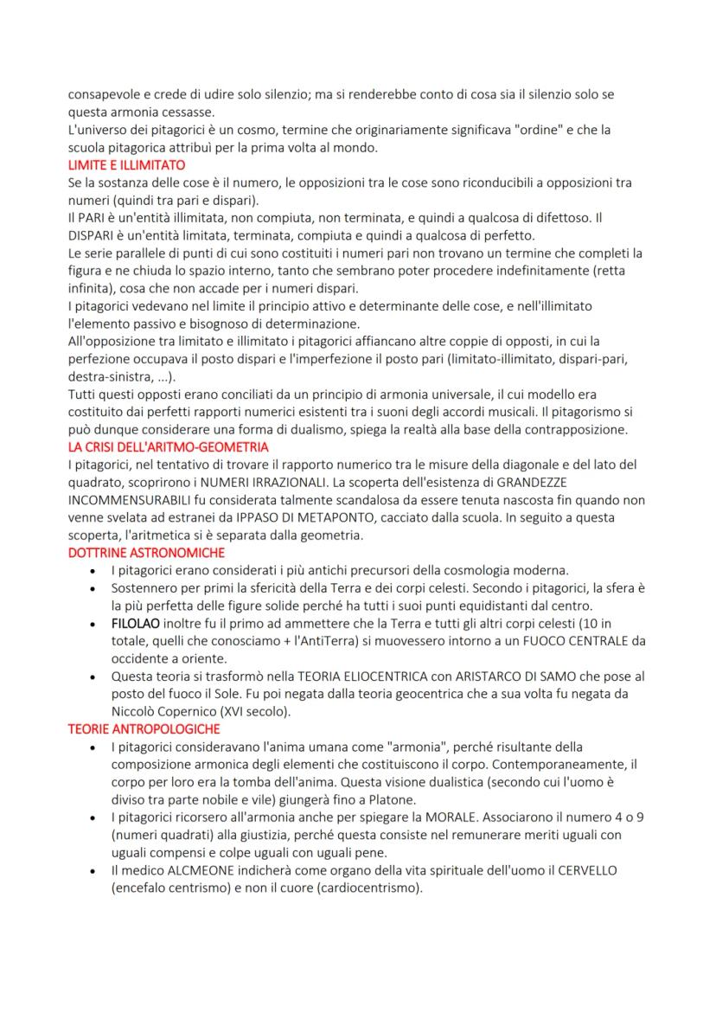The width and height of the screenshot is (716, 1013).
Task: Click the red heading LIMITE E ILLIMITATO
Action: [125, 164]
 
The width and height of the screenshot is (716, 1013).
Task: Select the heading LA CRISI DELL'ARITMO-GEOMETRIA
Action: [168, 447]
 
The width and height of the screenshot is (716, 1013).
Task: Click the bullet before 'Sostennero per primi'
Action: [93, 589]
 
